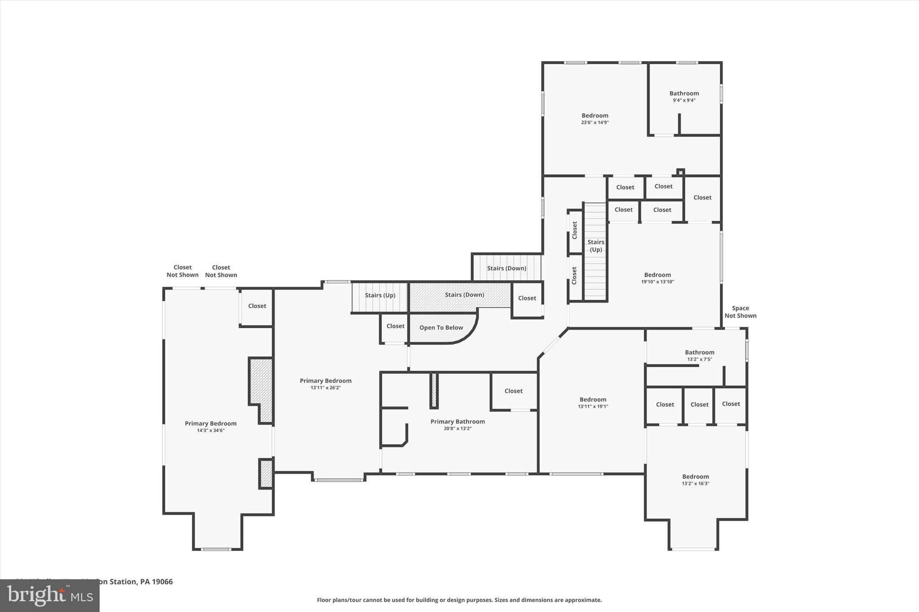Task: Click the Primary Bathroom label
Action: (x=457, y=421)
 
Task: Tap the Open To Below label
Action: (x=441, y=328)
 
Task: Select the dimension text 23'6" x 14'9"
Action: (x=595, y=122)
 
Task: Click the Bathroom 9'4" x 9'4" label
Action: (x=684, y=94)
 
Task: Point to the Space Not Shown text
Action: (x=740, y=312)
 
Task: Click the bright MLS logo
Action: (x=50, y=595)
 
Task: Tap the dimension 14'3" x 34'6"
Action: (x=210, y=430)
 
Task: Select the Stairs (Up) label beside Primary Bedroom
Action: (x=380, y=295)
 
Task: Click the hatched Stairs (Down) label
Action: (x=464, y=295)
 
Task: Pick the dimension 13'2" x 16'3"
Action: (x=696, y=483)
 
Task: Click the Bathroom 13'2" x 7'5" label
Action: (x=699, y=352)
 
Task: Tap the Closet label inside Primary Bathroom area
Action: (x=513, y=391)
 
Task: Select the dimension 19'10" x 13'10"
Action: (x=657, y=282)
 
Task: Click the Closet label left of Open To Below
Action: (x=395, y=326)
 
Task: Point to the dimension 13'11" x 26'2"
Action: (x=325, y=388)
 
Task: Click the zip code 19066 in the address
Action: (x=162, y=582)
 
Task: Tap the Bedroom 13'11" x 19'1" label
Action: (x=593, y=399)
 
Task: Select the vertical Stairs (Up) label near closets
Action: (x=595, y=246)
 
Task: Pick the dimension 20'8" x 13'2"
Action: (x=457, y=429)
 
